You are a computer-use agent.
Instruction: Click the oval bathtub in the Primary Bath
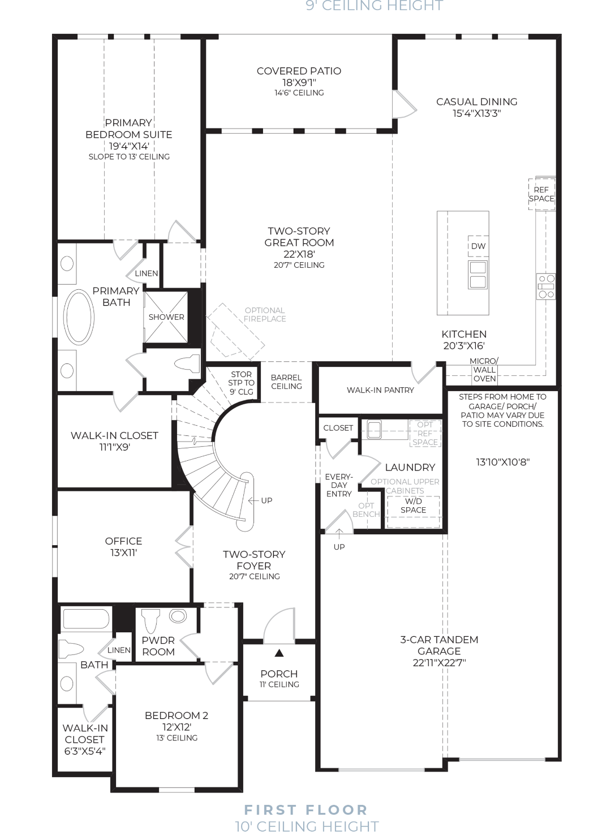tap(79, 317)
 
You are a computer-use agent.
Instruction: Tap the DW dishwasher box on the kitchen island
tap(479, 246)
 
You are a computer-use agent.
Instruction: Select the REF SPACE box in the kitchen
tap(542, 194)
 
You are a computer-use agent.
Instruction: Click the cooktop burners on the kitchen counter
tap(546, 286)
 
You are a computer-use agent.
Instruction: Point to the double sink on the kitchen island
tap(477, 275)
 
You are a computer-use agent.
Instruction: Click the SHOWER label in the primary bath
tap(166, 317)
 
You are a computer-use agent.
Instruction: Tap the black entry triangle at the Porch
tap(279, 653)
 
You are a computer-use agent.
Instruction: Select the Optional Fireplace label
tap(265, 315)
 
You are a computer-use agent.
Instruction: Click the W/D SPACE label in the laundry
tap(413, 506)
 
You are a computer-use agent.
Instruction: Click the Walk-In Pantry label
tap(380, 390)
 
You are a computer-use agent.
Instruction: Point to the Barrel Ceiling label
tap(286, 382)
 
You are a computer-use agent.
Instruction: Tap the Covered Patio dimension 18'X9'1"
tap(299, 83)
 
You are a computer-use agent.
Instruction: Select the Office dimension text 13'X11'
tap(123, 553)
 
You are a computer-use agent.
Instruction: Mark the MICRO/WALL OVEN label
tap(484, 370)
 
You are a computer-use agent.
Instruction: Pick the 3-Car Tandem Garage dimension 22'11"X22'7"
tap(439, 663)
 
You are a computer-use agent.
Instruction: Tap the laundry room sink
tap(374, 430)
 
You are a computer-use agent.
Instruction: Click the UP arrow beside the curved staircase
tap(253, 500)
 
